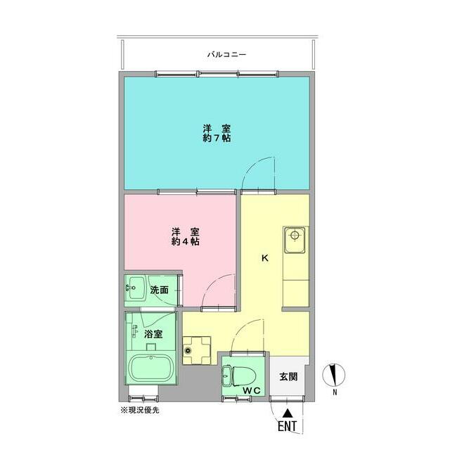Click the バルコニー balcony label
click(226, 54)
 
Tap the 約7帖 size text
click(217, 139)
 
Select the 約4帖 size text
click(185, 241)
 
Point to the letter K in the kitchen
click(265, 258)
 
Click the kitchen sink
click(295, 241)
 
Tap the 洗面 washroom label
click(159, 289)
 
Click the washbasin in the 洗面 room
click(136, 287)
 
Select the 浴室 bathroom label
click(154, 335)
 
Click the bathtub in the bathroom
click(153, 369)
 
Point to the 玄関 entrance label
click(288, 376)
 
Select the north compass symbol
click(335, 374)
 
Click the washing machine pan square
click(196, 349)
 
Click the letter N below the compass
click(335, 392)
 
